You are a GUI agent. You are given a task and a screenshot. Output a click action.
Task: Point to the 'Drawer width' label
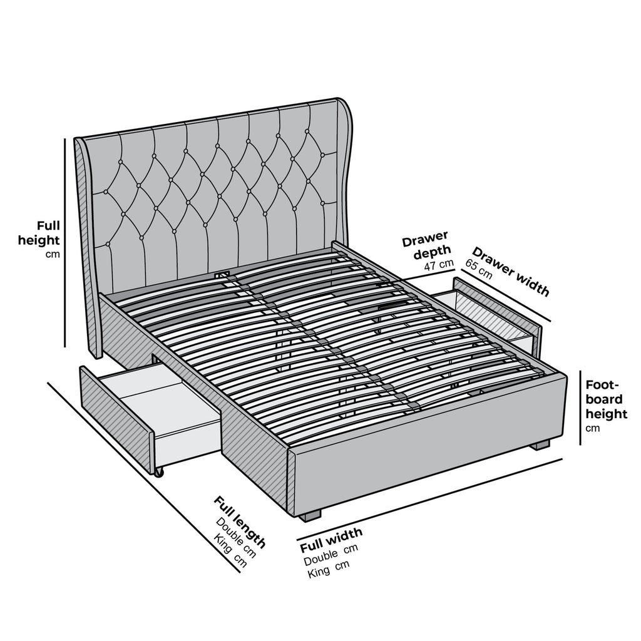[x=511, y=272]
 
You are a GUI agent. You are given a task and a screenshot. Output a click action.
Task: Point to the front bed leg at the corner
[x=309, y=515]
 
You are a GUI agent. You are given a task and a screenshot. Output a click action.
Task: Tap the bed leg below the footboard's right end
[x=540, y=445]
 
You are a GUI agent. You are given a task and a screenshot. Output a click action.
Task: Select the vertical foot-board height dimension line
[x=580, y=407]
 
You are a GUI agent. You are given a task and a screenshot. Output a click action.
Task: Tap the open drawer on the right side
[x=495, y=313]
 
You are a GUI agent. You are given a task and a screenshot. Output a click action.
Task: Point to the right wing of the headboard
[x=342, y=169]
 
